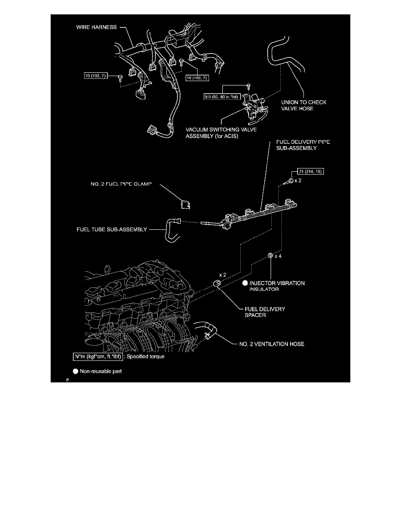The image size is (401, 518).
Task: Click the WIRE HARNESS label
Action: click(96, 27)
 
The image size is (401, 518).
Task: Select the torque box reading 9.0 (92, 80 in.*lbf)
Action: click(222, 97)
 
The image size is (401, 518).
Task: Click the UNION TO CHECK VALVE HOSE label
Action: click(304, 106)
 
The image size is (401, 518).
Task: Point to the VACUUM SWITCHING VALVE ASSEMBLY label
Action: click(221, 133)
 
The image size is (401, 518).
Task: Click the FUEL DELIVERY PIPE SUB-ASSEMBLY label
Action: click(303, 145)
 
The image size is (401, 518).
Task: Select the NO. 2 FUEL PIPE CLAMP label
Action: click(121, 184)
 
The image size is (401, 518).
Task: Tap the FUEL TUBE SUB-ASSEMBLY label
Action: click(112, 229)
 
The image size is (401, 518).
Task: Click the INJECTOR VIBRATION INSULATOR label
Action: click(277, 286)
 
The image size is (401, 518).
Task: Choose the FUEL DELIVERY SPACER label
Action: click(265, 312)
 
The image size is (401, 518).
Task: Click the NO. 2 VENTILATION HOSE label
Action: click(272, 344)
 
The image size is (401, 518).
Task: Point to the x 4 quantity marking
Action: click(278, 256)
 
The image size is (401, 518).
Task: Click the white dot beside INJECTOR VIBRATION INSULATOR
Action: click(245, 283)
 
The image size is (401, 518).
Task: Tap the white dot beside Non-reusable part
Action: click(76, 371)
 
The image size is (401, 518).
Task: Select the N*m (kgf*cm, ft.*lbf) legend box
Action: click(98, 357)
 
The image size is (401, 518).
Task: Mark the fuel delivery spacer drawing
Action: click(218, 283)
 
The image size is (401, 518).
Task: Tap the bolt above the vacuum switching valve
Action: click(248, 87)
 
